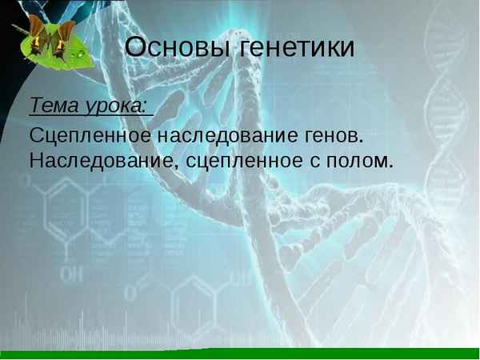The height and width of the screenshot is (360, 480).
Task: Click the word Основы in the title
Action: tap(178, 47)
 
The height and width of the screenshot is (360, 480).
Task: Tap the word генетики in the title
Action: tap(296, 47)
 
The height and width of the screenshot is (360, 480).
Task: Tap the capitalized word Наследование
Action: tap(103, 160)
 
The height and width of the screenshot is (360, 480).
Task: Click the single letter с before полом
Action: tap(314, 162)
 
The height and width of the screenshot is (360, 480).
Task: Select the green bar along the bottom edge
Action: tap(240, 354)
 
